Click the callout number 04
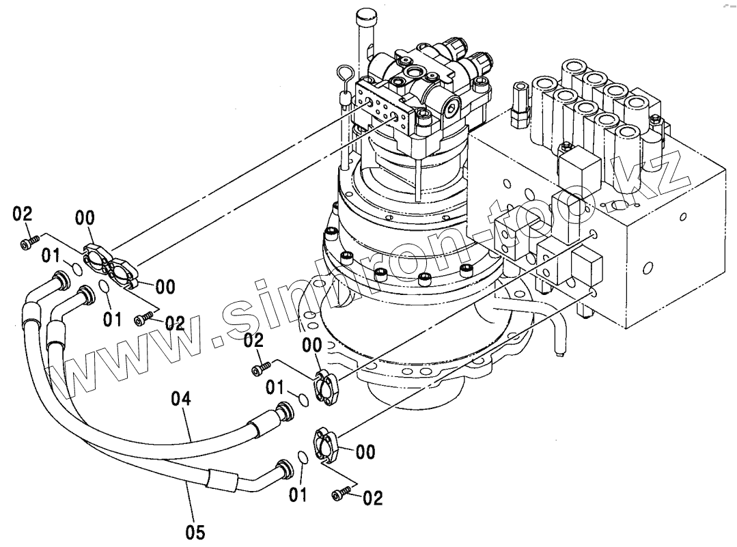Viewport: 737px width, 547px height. click(x=181, y=399)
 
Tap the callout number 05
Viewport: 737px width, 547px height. click(x=195, y=533)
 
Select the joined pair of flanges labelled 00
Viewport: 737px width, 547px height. click(x=109, y=266)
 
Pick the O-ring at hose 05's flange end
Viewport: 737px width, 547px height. click(x=303, y=457)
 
